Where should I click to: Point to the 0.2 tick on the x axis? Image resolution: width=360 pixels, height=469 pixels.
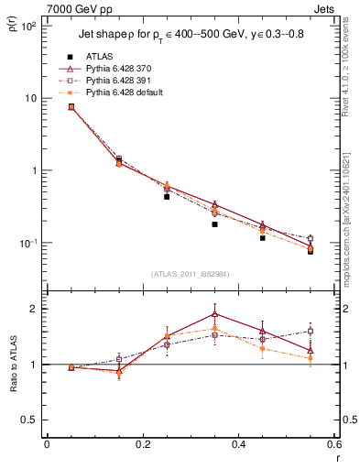(142, 446)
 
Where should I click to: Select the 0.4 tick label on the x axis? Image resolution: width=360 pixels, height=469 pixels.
(238, 446)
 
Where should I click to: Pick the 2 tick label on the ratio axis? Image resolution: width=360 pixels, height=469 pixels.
(30, 309)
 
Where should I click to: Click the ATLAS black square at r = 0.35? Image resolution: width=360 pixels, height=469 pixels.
(214, 224)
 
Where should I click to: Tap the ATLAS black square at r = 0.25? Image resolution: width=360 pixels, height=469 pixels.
(167, 196)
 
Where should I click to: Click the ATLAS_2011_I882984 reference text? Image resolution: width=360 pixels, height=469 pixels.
(190, 274)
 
